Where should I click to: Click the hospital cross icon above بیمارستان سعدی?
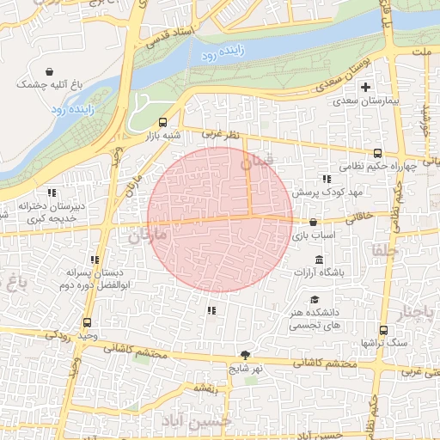[x=366, y=87]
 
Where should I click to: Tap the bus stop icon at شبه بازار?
[x=162, y=122]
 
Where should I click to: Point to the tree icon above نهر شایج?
[x=246, y=355]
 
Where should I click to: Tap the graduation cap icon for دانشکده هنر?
[x=315, y=298]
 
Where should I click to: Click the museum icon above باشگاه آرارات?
[x=319, y=260]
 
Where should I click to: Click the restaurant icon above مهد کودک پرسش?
[x=326, y=179]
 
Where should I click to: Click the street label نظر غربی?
[x=217, y=134]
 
